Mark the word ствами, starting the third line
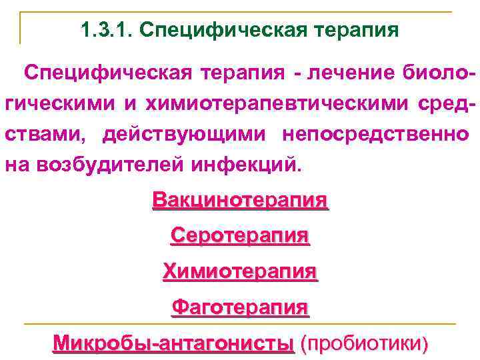(46, 134)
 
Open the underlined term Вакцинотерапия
(240, 199)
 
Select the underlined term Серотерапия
(240, 235)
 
